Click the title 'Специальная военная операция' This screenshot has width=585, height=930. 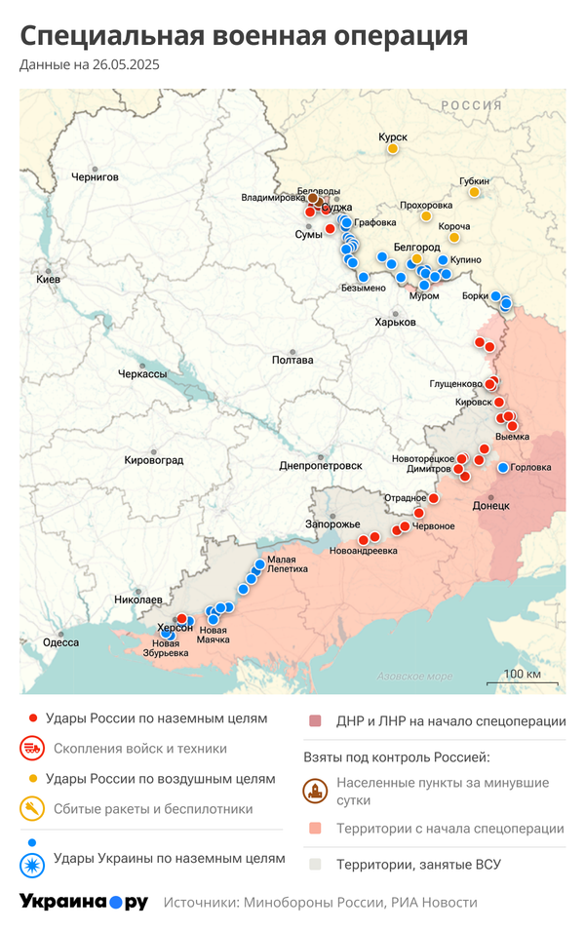[x=244, y=36]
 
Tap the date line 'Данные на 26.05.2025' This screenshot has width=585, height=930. [x=90, y=65]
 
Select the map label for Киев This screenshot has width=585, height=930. [x=48, y=280]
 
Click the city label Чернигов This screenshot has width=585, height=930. [x=95, y=177]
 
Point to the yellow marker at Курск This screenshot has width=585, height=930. [x=393, y=149]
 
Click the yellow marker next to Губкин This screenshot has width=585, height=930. [x=474, y=192]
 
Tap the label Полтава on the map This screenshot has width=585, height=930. [x=292, y=360]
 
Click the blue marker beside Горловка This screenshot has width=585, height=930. [x=502, y=468]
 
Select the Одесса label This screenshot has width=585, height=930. [x=60, y=642]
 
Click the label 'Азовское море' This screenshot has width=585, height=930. [x=414, y=676]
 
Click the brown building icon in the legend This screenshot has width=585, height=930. [x=315, y=790]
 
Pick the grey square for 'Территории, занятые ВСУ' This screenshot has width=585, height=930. [x=315, y=864]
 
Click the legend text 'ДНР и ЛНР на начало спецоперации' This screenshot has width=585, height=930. [x=450, y=721]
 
